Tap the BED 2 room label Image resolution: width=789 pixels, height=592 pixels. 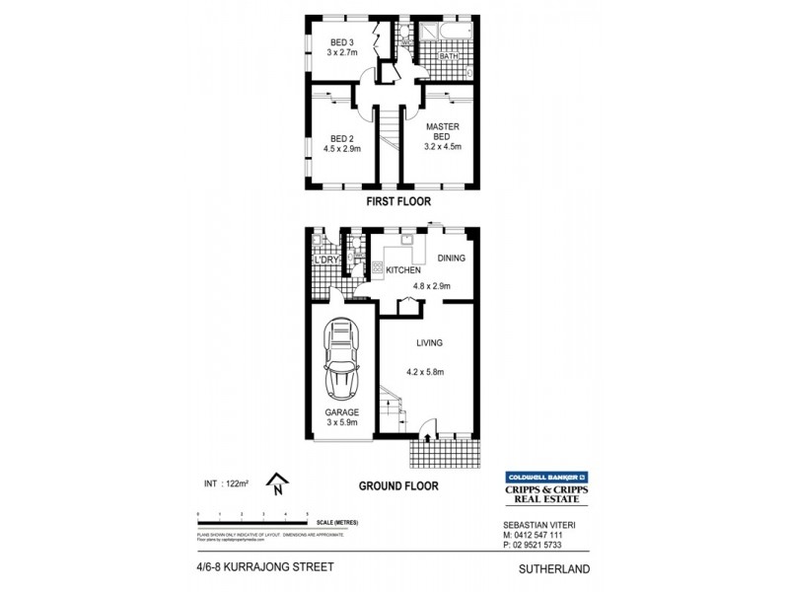342,139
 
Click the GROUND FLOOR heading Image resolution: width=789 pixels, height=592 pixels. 398,485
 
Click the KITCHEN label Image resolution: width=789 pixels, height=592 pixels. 403,270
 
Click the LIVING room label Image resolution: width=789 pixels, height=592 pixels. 429,342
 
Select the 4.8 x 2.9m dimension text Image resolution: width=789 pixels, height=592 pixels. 430,285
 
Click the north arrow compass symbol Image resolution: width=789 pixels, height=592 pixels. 279,483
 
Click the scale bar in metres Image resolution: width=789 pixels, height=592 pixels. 253,516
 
